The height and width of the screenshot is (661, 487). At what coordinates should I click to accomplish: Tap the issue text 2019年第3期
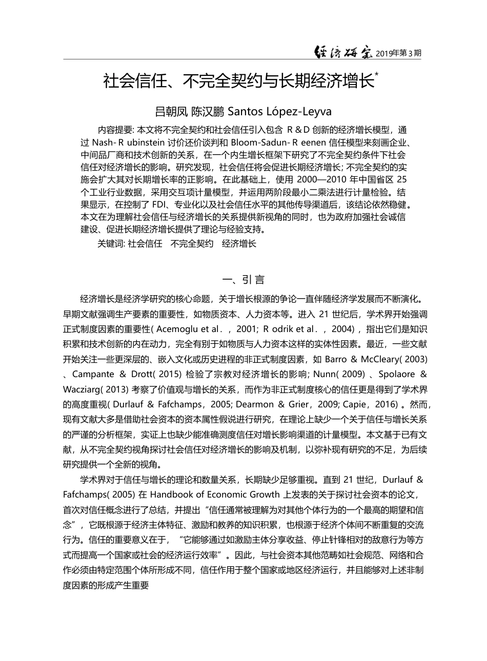399,53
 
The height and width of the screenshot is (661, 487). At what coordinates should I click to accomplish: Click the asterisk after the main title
377,75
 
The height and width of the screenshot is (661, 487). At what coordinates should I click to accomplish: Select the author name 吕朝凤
172,111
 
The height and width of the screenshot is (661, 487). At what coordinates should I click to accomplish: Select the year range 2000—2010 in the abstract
318,180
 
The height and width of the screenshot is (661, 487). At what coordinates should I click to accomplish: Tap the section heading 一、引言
243,280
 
